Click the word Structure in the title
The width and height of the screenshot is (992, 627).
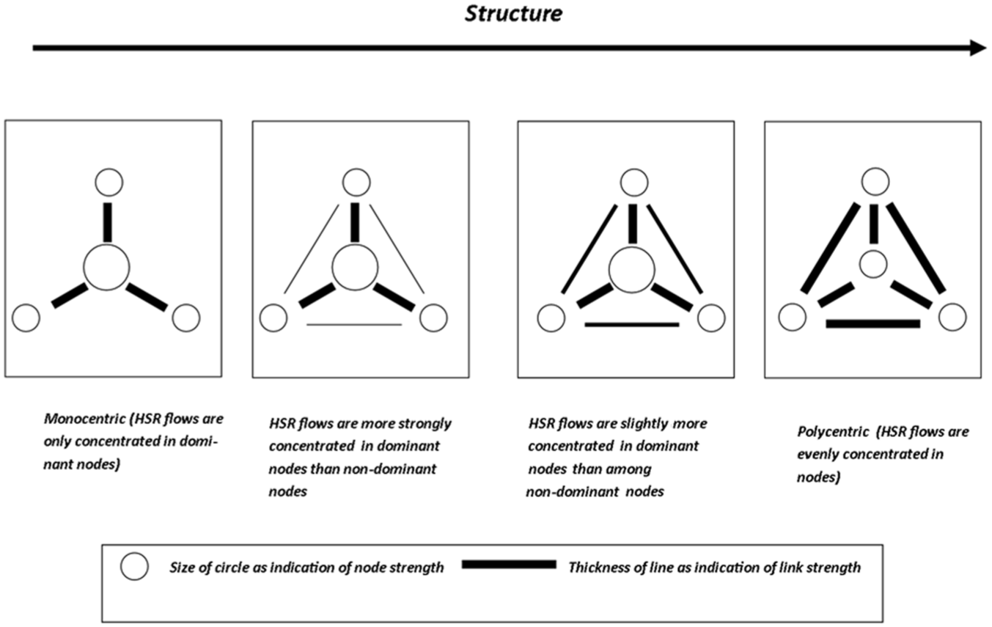(x=513, y=13)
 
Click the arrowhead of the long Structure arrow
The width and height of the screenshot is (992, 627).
(x=978, y=48)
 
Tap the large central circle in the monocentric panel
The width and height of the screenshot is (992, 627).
(x=106, y=268)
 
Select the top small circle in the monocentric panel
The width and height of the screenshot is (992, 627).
(x=109, y=182)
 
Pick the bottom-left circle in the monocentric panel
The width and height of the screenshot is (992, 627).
(x=26, y=318)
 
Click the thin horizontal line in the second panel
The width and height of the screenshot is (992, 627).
(x=354, y=325)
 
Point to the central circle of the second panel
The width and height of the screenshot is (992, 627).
(x=355, y=268)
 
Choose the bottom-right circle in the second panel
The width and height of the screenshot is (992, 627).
(x=433, y=318)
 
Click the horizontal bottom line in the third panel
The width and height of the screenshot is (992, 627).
(x=631, y=325)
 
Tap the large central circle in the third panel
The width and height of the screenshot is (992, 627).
(x=631, y=270)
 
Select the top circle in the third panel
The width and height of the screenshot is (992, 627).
(x=634, y=182)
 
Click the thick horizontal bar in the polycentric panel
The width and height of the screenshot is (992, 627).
(x=873, y=323)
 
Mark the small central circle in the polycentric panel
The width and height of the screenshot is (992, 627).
(x=873, y=264)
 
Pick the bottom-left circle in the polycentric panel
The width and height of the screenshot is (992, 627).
(x=792, y=317)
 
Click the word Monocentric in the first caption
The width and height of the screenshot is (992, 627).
(x=84, y=419)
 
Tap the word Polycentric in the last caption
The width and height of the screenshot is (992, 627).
(x=833, y=432)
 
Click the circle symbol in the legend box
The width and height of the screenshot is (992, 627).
(x=134, y=566)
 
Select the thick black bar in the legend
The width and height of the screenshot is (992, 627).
(x=509, y=564)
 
